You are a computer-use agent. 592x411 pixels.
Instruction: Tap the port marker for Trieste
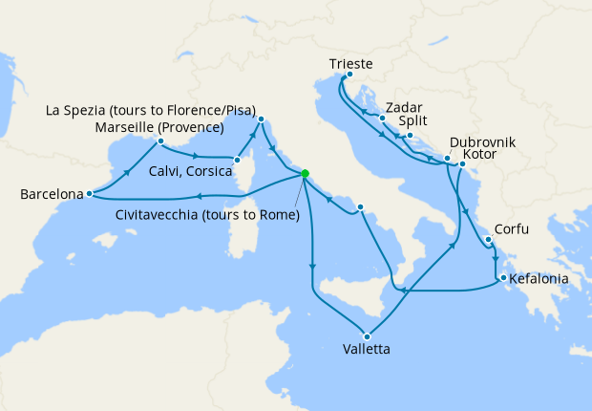click(349, 76)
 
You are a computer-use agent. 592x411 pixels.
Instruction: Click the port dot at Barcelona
click(89, 194)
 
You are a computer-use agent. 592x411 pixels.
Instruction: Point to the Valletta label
click(366, 350)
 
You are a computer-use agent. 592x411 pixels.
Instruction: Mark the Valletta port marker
click(366, 335)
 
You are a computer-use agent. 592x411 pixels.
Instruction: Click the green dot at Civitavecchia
click(305, 174)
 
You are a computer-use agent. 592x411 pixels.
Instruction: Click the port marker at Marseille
click(160, 141)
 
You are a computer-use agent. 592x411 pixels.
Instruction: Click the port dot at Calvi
click(236, 160)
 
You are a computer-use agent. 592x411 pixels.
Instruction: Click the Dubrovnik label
click(481, 141)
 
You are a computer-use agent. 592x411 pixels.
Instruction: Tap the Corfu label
click(512, 230)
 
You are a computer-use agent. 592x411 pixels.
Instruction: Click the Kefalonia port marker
click(499, 279)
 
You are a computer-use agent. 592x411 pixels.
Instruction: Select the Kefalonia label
click(539, 279)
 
